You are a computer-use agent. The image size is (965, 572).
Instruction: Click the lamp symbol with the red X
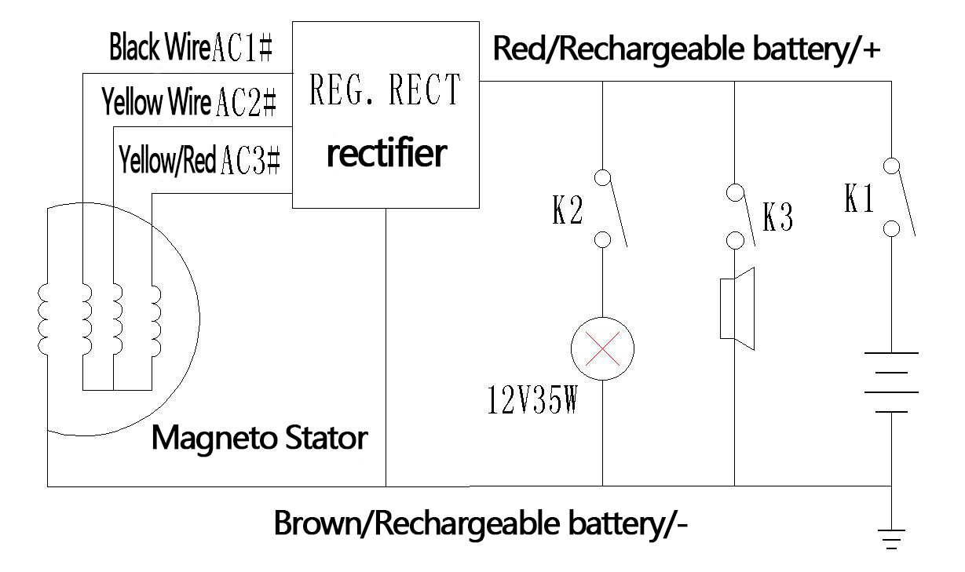pyautogui.click(x=602, y=350)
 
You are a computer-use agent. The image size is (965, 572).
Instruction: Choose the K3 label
pyautogui.click(x=777, y=219)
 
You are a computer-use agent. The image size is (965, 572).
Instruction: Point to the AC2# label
pyautogui.click(x=245, y=103)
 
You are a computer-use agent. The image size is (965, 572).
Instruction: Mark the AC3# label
pyautogui.click(x=250, y=161)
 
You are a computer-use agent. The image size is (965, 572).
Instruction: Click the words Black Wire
pyautogui.click(x=159, y=49)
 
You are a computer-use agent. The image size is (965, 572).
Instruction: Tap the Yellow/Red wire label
pyautogui.click(x=167, y=162)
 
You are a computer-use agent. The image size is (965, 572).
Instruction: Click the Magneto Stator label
pyautogui.click(x=258, y=437)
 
